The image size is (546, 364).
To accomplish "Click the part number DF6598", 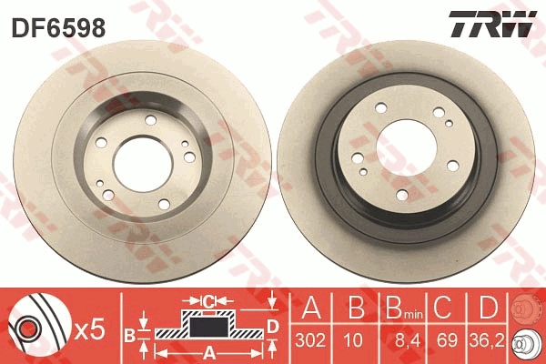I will tap(58, 28).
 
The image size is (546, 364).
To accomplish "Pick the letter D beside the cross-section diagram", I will tap(271, 326).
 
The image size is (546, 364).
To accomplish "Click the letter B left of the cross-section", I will tap(128, 334).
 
